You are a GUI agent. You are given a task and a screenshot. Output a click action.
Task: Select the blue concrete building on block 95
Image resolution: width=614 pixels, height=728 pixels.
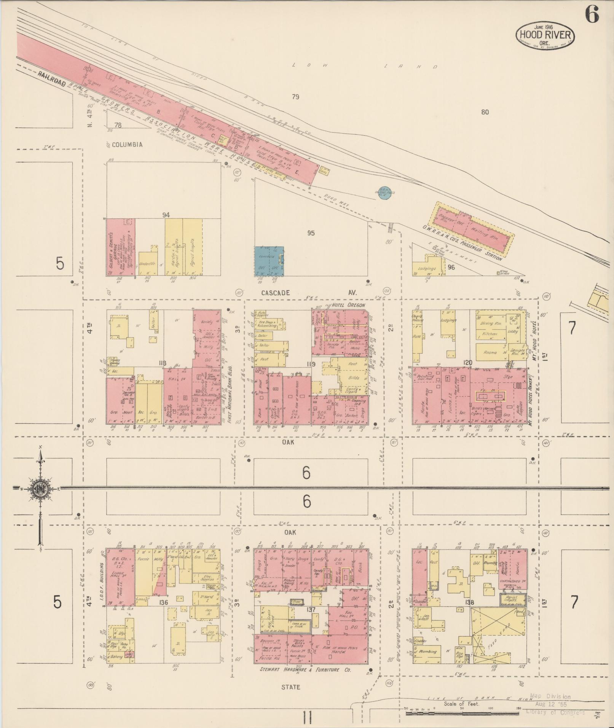pyautogui.click(x=269, y=261)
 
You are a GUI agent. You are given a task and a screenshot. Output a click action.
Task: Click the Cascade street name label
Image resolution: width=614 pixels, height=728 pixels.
pyautogui.click(x=275, y=293)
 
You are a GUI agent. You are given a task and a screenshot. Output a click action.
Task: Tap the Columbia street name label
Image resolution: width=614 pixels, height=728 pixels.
pyautogui.click(x=128, y=145)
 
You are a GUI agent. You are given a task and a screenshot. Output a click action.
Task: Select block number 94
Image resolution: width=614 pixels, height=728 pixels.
pyautogui.click(x=166, y=215)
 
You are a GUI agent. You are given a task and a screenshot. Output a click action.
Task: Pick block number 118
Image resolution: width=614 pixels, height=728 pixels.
pyautogui.click(x=163, y=363)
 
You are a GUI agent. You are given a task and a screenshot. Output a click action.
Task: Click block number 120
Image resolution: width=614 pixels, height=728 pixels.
pyautogui.click(x=467, y=363)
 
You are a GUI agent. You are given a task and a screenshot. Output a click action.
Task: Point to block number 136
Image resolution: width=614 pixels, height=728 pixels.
pyautogui.click(x=164, y=602)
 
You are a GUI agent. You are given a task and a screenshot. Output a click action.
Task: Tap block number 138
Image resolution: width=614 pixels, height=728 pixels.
pyautogui.click(x=470, y=602)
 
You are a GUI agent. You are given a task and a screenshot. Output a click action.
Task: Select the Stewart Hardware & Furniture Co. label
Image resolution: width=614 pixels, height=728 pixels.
pyautogui.click(x=305, y=670)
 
